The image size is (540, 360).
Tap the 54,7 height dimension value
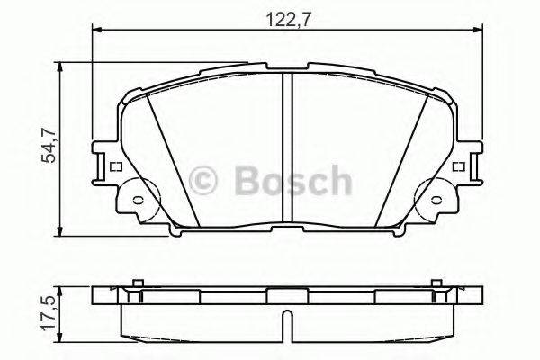pos(51,147)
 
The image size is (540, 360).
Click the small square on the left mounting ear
pos(114,166)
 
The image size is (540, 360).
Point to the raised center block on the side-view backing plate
pos(285,293)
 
